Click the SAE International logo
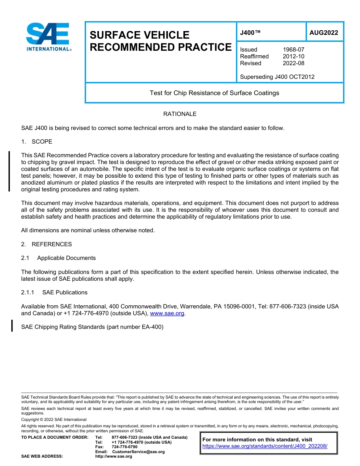pos(48,37)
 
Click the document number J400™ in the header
pos(250,33)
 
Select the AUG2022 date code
pos(324,33)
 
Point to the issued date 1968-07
pos(293,50)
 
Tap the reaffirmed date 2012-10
pos(293,56)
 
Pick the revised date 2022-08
pos(293,63)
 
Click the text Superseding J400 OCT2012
pos(277,77)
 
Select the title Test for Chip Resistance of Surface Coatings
pos(214,93)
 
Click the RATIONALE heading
pos(180,114)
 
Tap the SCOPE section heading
pos(42,142)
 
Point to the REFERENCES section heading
pos(52,244)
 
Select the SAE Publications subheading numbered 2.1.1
pos(65,292)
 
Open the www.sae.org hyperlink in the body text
pos(167,313)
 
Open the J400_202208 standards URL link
pos(265,446)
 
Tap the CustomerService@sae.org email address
pos(138,452)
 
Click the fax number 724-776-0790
pos(125,447)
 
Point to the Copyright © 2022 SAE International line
pos(54,419)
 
